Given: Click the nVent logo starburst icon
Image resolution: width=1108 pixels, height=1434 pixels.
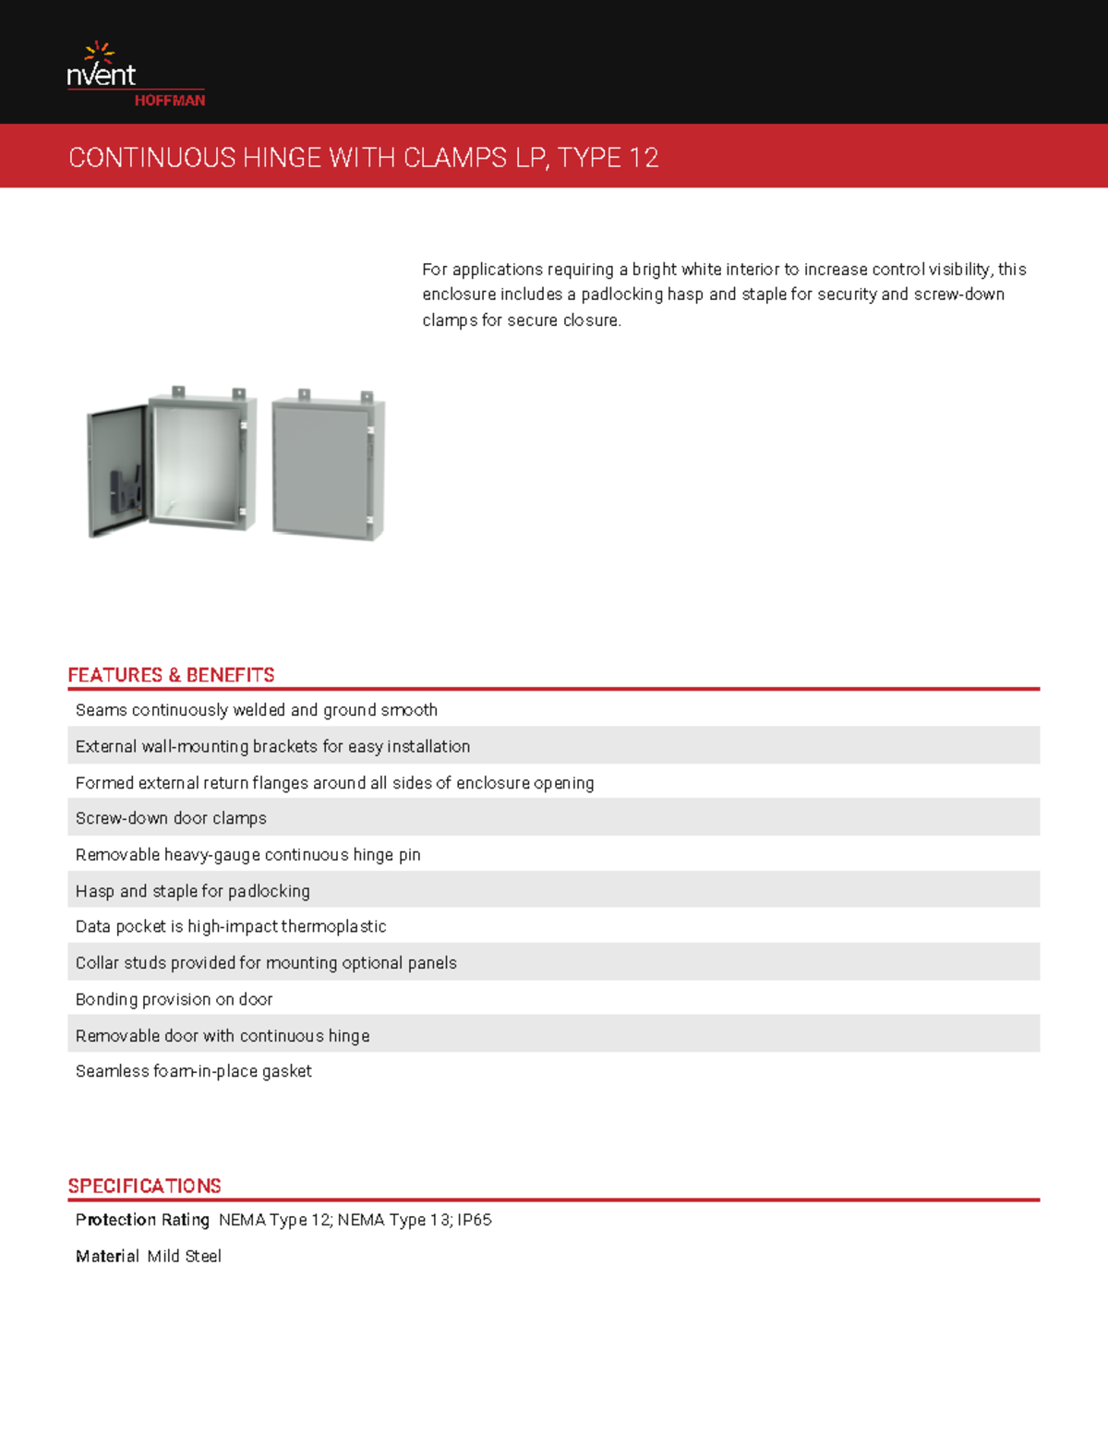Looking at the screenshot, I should click(99, 52).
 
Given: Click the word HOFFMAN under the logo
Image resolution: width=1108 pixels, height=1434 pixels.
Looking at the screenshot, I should click(170, 101).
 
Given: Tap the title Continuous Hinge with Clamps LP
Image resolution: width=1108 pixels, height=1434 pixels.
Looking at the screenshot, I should click(363, 158).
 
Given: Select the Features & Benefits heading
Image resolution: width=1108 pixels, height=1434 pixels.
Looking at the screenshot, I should click(171, 675).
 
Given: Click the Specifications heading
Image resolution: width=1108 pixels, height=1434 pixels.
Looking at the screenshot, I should click(144, 1186).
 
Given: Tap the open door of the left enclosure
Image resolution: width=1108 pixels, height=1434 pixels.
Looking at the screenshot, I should click(116, 471).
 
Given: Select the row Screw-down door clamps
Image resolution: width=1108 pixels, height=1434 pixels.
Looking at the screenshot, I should click(171, 818).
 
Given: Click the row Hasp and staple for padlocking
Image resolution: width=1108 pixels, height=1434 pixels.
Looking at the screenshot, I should click(192, 891).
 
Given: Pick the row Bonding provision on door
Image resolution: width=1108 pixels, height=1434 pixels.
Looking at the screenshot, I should click(174, 999).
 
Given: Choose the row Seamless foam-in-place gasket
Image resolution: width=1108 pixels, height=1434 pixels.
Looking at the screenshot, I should click(193, 1071).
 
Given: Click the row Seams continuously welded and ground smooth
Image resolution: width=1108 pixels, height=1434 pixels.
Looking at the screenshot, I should click(256, 710).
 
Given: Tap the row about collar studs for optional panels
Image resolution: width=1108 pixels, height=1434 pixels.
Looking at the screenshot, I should click(266, 963).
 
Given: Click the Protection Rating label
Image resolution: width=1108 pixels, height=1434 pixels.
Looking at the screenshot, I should click(142, 1220).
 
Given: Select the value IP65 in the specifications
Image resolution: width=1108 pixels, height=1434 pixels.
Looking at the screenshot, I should click(474, 1220).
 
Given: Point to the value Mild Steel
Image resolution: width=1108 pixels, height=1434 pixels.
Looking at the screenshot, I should click(184, 1256).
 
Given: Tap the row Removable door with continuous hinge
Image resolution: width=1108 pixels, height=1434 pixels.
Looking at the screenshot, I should click(223, 1036).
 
